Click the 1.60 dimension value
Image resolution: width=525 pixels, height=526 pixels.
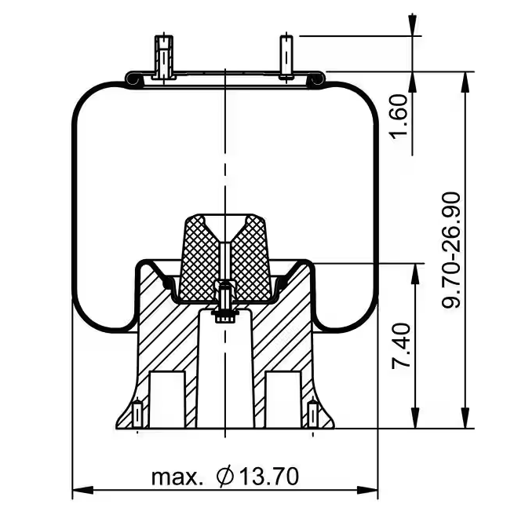399,115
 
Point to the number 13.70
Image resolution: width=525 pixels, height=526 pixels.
268,476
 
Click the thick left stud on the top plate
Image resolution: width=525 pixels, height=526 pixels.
163,57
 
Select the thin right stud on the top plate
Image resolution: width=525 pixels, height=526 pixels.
286,57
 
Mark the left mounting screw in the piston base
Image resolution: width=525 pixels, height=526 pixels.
138,415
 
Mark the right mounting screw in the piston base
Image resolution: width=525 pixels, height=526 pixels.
313,415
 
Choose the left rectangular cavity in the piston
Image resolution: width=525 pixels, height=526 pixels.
167,397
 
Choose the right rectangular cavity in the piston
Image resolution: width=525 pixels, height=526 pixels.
283,397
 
